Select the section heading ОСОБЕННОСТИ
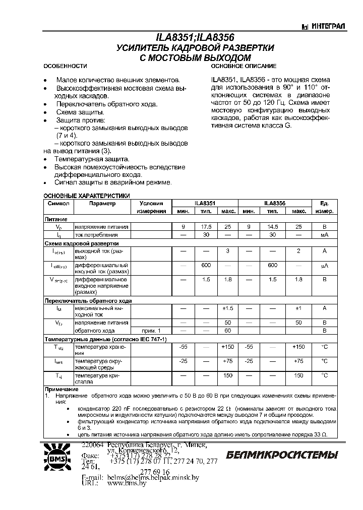[x=65, y=67]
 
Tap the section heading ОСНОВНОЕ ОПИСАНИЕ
[x=244, y=67]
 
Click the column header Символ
[x=58, y=204]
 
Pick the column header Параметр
[x=102, y=204]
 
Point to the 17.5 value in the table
[x=206, y=227]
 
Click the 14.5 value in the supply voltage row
[x=273, y=227]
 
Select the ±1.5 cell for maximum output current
[x=227, y=308]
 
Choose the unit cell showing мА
[x=325, y=235]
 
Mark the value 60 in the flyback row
[x=227, y=331]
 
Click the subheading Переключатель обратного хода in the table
[x=88, y=300]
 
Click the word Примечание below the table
[x=59, y=390]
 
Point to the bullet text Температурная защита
[x=89, y=158]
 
